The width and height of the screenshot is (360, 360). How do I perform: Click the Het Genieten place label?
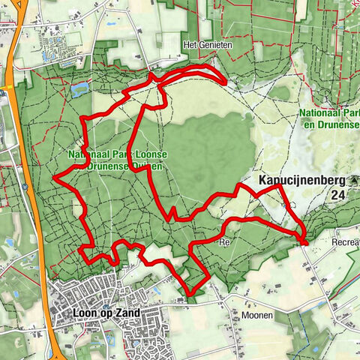click(208, 45)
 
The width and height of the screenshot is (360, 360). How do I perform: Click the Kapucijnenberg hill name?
click(299, 181)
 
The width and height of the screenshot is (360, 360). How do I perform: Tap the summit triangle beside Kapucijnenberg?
click(354, 181)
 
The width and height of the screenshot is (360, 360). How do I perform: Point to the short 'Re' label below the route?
click(223, 243)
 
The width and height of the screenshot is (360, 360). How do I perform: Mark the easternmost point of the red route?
click(306, 240)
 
